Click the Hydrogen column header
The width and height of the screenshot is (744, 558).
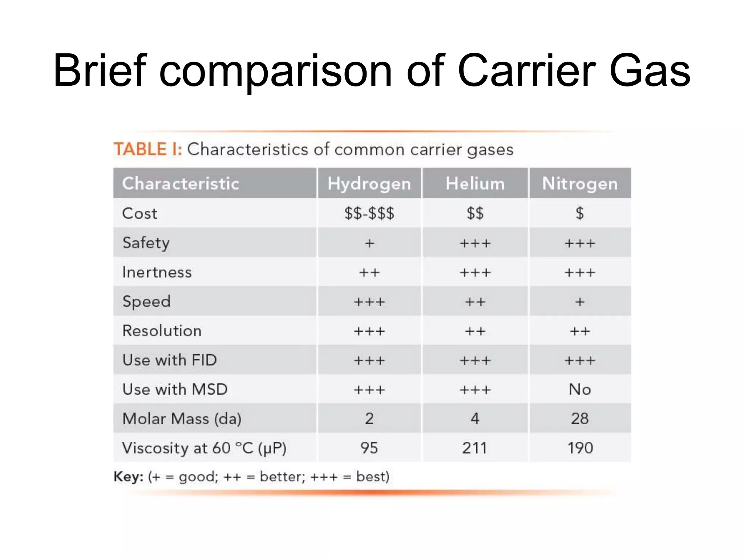click(x=369, y=183)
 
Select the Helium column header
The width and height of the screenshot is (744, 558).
click(x=475, y=183)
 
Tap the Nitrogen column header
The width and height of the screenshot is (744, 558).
click(x=580, y=183)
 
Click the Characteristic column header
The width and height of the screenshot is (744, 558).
click(x=181, y=183)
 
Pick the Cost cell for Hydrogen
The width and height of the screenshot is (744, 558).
click(x=369, y=213)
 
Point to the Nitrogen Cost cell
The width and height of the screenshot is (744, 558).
click(x=580, y=213)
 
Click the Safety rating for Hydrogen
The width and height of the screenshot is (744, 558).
click(x=369, y=243)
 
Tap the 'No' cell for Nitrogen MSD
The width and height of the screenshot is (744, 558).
click(x=580, y=389)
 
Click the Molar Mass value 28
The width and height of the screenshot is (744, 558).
click(x=580, y=418)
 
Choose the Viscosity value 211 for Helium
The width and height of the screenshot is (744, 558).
click(x=474, y=448)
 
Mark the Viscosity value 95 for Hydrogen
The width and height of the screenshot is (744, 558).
click(x=369, y=448)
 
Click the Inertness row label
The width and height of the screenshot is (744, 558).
click(x=157, y=272)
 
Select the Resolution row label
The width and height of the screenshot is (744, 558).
click(x=162, y=331)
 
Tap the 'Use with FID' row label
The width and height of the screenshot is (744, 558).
click(x=170, y=360)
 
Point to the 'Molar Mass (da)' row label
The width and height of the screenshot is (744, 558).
click(x=182, y=419)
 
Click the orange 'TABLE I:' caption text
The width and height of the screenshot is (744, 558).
click(x=148, y=149)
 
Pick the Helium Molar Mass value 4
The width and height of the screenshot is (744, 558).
click(x=475, y=418)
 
